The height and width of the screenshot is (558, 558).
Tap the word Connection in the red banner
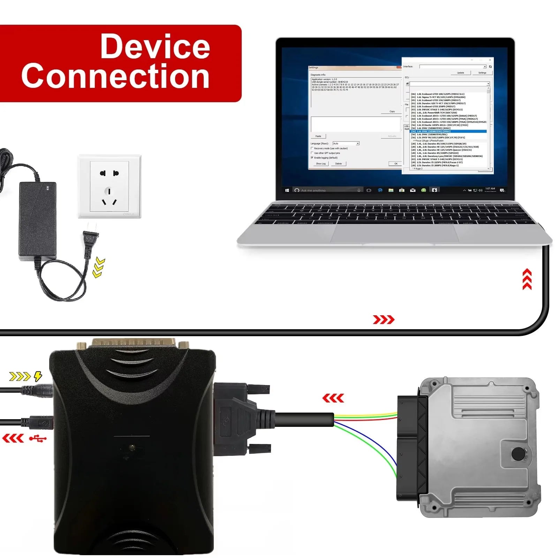pos(115,76)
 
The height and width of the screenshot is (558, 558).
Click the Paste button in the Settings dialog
pos(318,136)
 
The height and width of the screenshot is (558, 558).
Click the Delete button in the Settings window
pos(339,164)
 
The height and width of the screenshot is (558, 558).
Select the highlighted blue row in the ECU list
pos(448,131)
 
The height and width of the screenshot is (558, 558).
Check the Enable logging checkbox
pos(312,158)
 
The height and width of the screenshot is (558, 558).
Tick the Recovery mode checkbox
pos(312,148)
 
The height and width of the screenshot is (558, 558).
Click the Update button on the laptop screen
pos(460,73)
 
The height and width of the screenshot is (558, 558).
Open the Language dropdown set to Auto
pos(346,143)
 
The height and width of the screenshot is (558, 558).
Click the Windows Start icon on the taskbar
pos(287,190)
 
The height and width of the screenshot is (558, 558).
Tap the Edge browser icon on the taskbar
pos(380,190)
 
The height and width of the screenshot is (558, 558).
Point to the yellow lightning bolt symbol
pos(38,376)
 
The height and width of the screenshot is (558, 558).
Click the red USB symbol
pos(38,438)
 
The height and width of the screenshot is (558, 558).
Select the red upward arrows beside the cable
pos(527,279)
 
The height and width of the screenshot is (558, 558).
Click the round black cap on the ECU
pos(518,454)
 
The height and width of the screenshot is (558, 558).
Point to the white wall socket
pos(110,186)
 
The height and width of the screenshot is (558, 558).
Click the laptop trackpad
pos(394,233)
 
